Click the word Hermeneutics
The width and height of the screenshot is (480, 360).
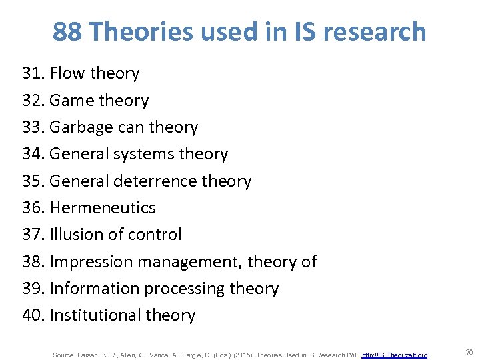pyautogui.click(x=102, y=208)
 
